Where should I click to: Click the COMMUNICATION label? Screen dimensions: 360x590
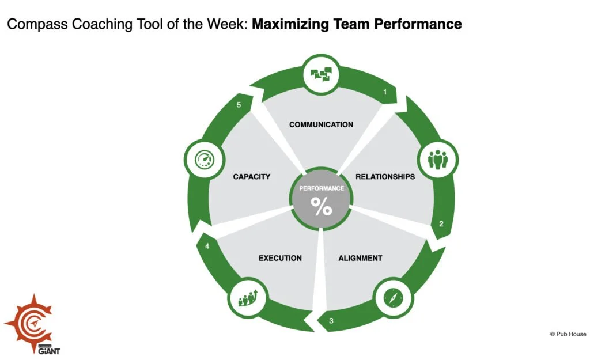point(321,124)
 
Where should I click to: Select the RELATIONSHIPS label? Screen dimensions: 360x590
point(385,177)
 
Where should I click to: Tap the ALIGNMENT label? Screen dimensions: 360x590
point(360,258)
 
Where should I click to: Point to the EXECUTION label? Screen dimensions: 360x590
point(280,258)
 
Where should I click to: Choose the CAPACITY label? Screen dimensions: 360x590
point(252,177)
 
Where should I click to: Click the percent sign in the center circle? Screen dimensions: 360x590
point(322,207)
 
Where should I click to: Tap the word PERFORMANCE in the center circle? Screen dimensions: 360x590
point(322,188)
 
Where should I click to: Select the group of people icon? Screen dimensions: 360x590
point(437,158)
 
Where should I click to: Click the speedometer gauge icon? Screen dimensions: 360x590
point(205,158)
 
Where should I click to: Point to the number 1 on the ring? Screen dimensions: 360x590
point(385,92)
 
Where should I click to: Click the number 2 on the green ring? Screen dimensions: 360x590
point(441,224)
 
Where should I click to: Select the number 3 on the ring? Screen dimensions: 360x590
point(331,321)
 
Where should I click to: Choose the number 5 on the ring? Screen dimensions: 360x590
point(238,105)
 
